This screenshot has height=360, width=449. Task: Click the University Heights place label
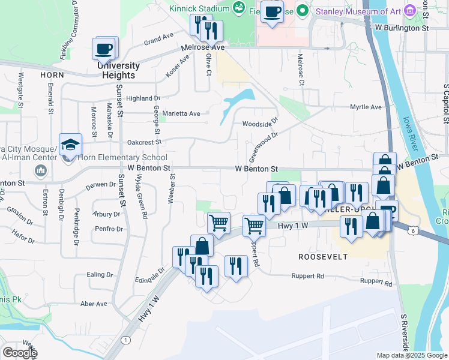pyautogui.click(x=118, y=70)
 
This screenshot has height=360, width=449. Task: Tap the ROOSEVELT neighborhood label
pyautogui.click(x=323, y=256)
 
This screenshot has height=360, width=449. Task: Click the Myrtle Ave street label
pyautogui.click(x=366, y=107)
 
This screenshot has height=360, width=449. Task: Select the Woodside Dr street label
pyautogui.click(x=261, y=124)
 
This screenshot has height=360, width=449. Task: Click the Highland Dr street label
pyautogui.click(x=143, y=98)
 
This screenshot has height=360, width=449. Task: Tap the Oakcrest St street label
pyautogui.click(x=145, y=142)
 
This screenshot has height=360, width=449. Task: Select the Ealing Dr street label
pyautogui.click(x=95, y=274)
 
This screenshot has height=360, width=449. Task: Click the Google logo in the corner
pyautogui.click(x=19, y=352)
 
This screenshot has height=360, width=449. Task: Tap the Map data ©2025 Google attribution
pyautogui.click(x=412, y=355)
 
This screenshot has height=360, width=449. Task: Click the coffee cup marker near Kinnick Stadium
pyautogui.click(x=272, y=13)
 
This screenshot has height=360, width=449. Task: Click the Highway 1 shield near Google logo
pyautogui.click(x=125, y=340)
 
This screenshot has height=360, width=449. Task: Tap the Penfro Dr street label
pyautogui.click(x=108, y=229)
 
